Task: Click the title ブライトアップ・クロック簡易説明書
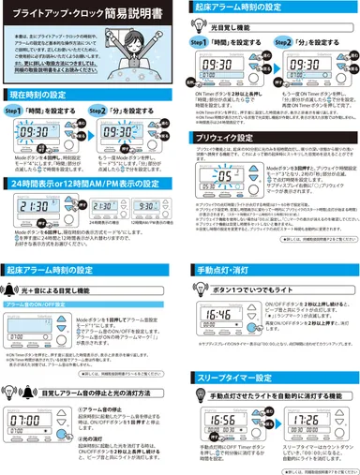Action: (x=88, y=13)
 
